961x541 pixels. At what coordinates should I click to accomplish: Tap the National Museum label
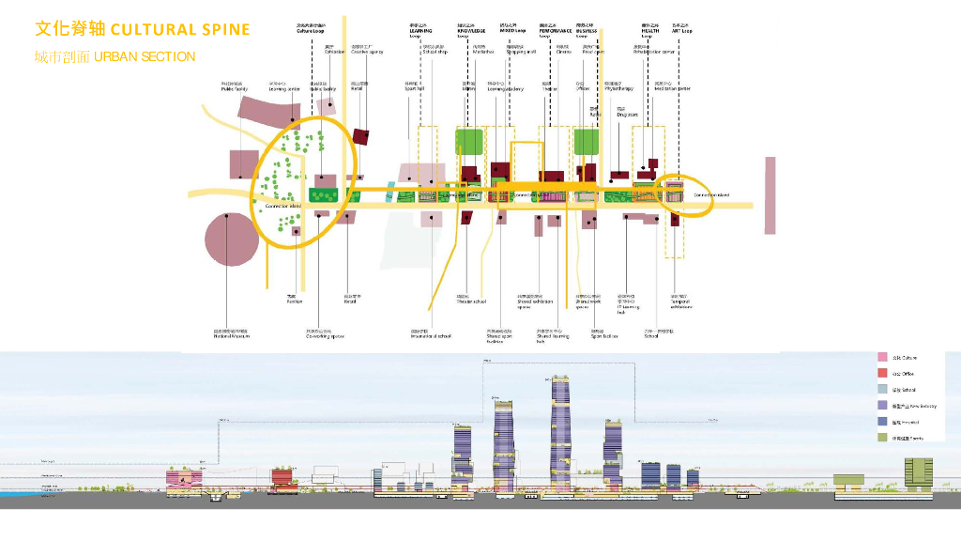click(x=231, y=333)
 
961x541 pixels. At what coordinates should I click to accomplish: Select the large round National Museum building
click(x=231, y=242)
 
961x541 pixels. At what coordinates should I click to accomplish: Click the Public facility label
click(x=235, y=87)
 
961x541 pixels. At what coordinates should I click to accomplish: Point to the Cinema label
click(x=563, y=50)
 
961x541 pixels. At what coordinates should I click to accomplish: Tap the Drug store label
click(x=627, y=113)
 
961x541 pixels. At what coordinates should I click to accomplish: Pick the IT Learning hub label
click(x=628, y=304)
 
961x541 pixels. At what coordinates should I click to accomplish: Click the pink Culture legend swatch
click(x=882, y=358)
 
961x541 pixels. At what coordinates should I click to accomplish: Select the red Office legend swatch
click(x=882, y=374)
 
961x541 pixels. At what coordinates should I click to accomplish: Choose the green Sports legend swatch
click(x=882, y=438)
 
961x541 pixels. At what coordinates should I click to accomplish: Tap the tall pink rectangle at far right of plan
click(x=770, y=195)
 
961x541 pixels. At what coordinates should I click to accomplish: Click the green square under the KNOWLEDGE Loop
click(x=469, y=142)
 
